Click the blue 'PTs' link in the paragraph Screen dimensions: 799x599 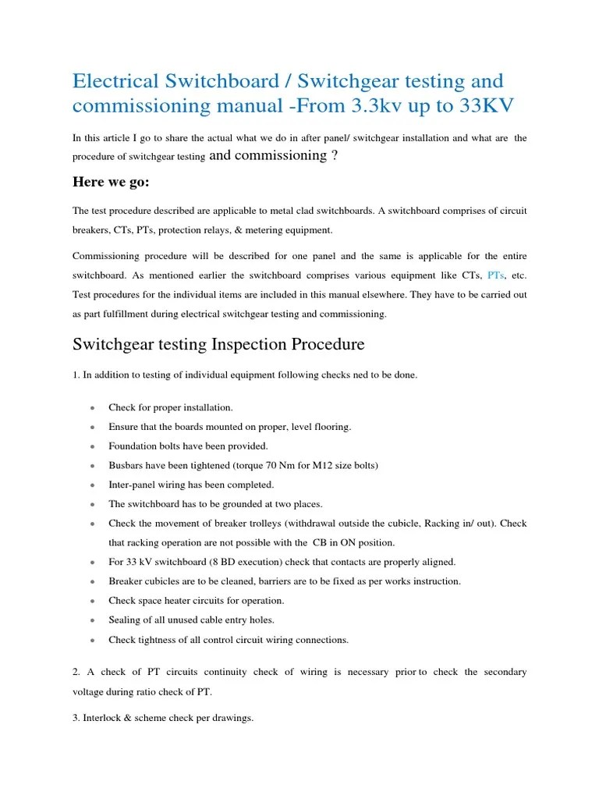click(495, 275)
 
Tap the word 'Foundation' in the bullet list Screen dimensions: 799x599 click(133, 446)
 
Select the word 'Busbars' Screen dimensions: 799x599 click(127, 465)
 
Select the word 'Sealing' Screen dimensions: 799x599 click(126, 620)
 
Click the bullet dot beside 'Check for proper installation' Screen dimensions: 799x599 click(93, 408)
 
